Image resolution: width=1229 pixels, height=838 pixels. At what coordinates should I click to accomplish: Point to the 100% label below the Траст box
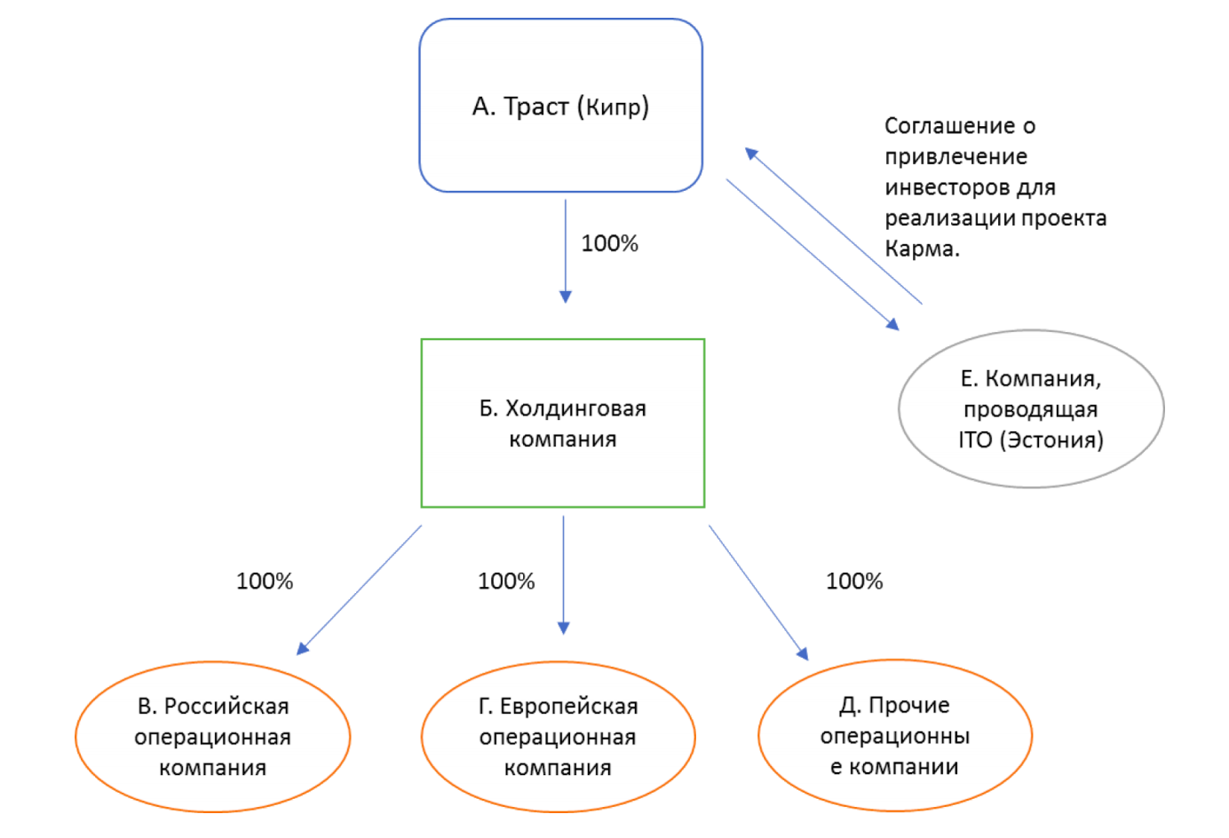point(609,243)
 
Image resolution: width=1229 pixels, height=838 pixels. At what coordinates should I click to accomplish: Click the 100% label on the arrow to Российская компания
point(265,581)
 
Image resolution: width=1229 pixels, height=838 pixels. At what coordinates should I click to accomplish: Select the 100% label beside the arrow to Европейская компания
point(506,581)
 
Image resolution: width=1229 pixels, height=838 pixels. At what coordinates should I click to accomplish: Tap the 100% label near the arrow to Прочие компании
point(854,581)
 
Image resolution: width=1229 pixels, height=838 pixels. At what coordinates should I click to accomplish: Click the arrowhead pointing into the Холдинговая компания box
point(565,296)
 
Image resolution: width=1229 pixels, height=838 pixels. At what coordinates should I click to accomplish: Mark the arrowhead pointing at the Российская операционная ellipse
point(302,649)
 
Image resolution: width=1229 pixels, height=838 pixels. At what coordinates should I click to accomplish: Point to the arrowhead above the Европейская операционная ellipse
point(564,628)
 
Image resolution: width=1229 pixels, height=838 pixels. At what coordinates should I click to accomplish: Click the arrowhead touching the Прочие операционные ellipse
point(803,653)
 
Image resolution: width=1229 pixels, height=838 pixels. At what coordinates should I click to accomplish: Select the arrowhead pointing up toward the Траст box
point(751,153)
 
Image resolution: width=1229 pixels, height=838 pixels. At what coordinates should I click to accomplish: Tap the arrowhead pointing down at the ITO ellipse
point(893,325)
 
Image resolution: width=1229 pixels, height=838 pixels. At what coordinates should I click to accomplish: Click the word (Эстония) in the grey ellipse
point(1051,439)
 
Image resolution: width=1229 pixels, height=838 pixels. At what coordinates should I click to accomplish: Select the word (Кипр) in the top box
point(614,107)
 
